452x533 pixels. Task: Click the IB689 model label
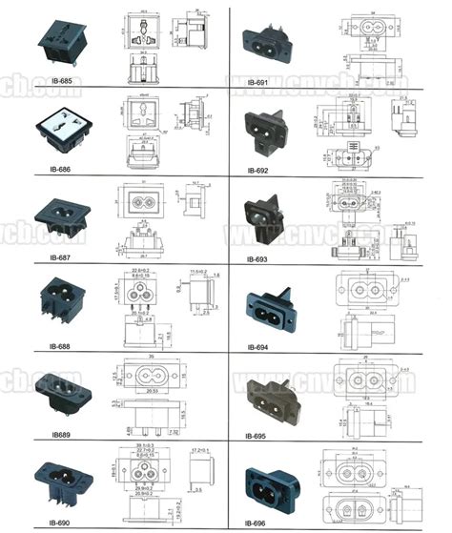(x=43, y=435)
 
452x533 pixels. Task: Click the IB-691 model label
(x=258, y=82)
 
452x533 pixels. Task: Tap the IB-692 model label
(x=258, y=170)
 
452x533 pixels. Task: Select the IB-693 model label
(x=258, y=259)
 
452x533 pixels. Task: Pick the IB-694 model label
(x=258, y=347)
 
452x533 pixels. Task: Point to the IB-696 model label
(x=258, y=523)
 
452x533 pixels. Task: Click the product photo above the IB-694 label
(x=277, y=305)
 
